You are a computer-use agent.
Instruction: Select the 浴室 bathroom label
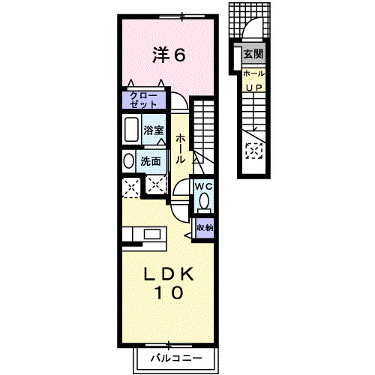154,130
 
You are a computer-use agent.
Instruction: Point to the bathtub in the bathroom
130,130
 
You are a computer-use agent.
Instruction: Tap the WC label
205,185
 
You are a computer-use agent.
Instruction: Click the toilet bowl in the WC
205,201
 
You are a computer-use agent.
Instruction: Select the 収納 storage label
204,227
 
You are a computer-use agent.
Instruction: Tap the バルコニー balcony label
175,358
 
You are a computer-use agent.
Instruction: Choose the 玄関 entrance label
253,54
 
